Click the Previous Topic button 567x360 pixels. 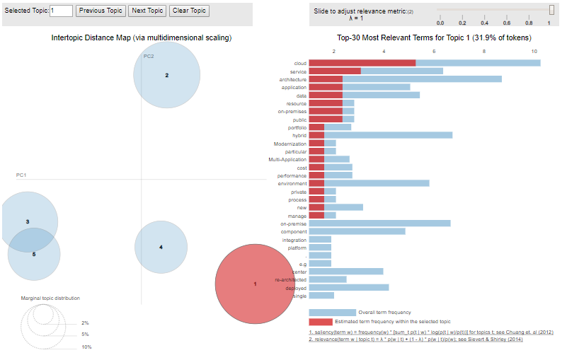(101, 11)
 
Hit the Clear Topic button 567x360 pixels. (189, 11)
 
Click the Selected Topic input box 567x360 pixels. (62, 11)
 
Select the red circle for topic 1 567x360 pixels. (255, 283)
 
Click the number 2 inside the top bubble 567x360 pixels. (167, 75)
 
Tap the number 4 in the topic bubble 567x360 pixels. (161, 247)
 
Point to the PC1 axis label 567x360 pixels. (21, 175)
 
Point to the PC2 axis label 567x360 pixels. (149, 56)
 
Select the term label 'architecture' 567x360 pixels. (293, 79)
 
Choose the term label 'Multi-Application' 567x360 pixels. (288, 159)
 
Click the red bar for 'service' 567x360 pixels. (335, 71)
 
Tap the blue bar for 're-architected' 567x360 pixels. (328, 279)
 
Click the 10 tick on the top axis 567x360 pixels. (534, 52)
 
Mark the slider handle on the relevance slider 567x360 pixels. (552, 10)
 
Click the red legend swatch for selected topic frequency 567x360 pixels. (321, 322)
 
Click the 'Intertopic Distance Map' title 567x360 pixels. (142, 37)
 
